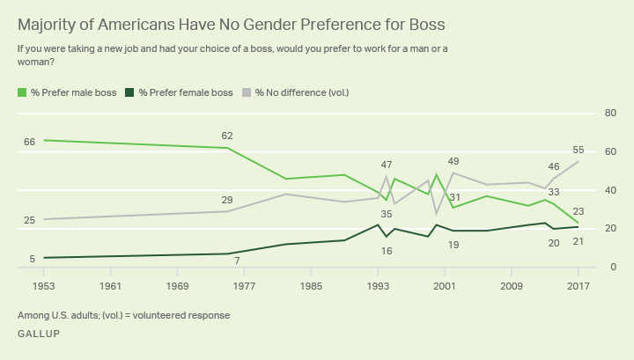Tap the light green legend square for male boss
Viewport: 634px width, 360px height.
coord(21,91)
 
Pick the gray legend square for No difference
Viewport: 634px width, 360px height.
coord(248,91)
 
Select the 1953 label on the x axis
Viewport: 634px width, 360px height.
coord(44,286)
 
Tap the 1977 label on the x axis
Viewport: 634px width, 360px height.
coord(244,286)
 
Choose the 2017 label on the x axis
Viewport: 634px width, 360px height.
coord(579,286)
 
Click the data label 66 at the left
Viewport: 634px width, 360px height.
coord(29,141)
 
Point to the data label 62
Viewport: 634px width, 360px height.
coord(227,136)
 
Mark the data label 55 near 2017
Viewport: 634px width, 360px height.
coord(579,151)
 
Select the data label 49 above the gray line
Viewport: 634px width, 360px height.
coord(454,161)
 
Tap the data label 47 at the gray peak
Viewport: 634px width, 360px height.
coord(386,165)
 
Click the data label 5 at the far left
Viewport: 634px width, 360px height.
coord(32,259)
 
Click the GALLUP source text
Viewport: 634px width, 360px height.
coord(39,334)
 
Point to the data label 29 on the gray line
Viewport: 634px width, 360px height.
coord(227,200)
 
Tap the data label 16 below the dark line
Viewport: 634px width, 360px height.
coord(386,251)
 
